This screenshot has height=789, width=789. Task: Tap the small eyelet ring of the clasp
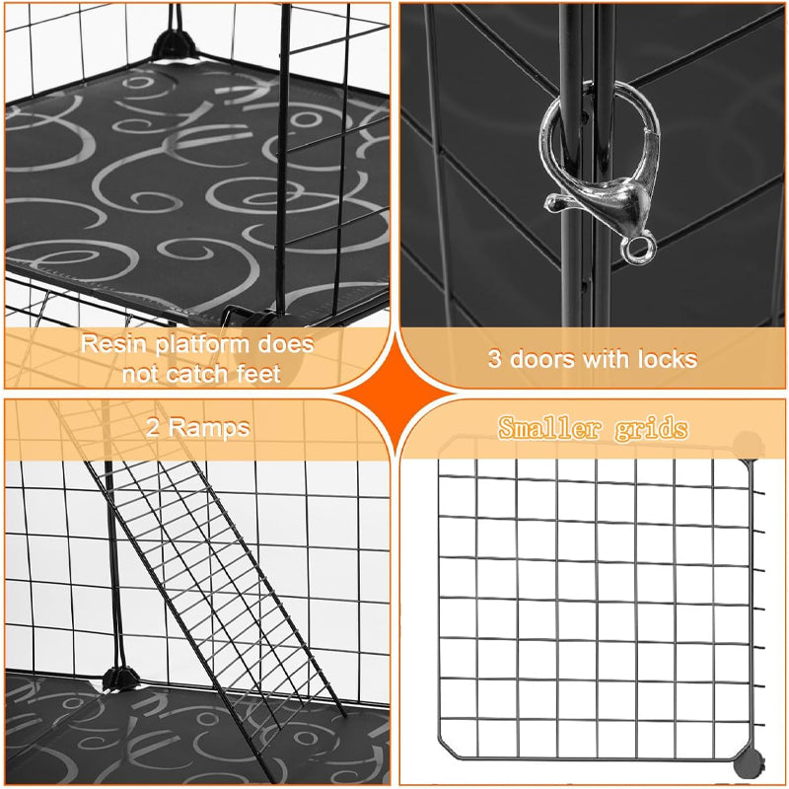pyautogui.click(x=639, y=247)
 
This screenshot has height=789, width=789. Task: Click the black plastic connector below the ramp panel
pyautogui.click(x=117, y=680)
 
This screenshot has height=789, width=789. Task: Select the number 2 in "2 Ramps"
pyautogui.click(x=153, y=428)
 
